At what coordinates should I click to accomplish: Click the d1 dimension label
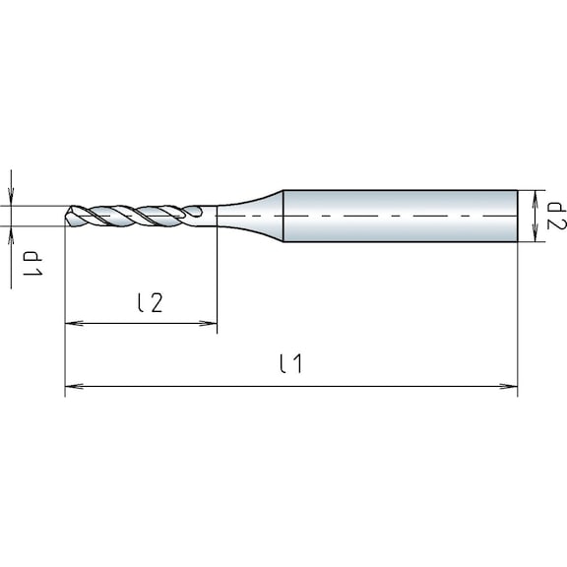[x=32, y=263]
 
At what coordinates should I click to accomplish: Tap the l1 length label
[x=290, y=364]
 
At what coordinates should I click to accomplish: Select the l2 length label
[x=149, y=303]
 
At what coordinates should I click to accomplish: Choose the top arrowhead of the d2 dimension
[x=533, y=195]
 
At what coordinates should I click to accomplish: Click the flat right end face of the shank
[x=518, y=216]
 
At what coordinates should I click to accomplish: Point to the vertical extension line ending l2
[x=217, y=276]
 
